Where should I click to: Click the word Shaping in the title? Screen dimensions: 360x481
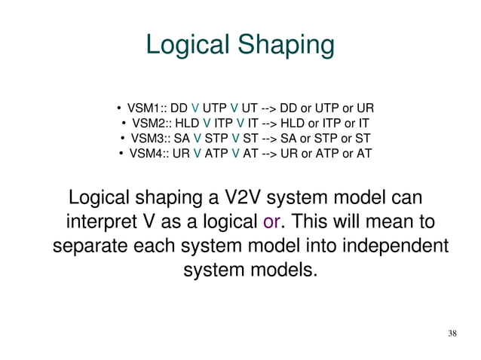(x=286, y=46)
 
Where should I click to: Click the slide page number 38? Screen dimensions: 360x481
(x=452, y=334)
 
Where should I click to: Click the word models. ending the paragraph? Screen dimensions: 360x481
(x=278, y=270)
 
